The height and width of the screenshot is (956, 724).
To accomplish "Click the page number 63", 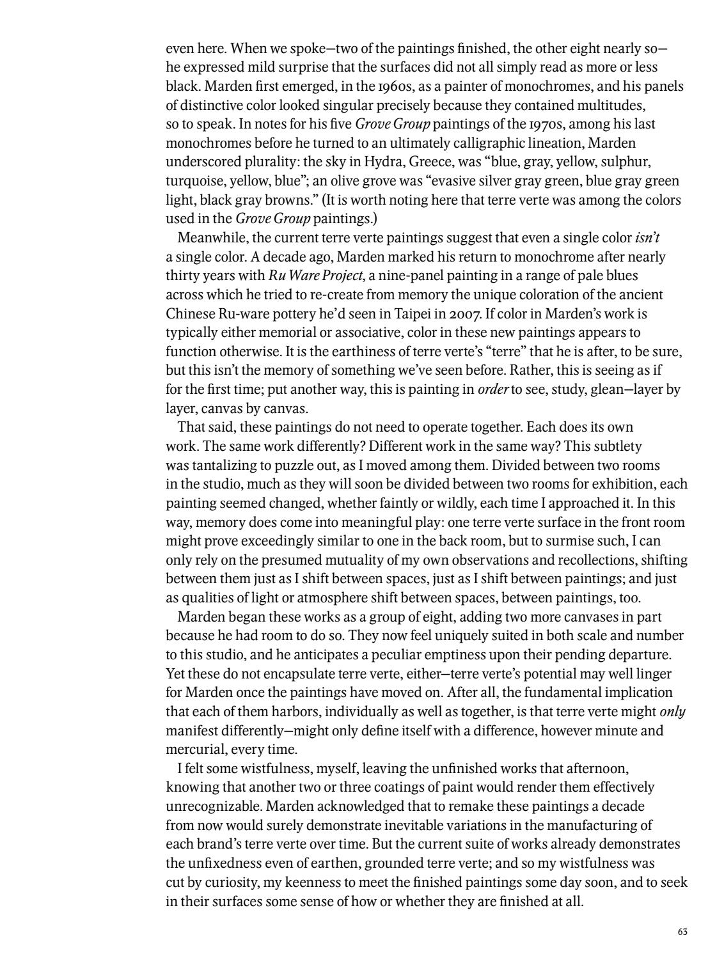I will pyautogui.click(x=682, y=932).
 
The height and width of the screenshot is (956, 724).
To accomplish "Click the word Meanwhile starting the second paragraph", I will pyautogui.click(x=208, y=238).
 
